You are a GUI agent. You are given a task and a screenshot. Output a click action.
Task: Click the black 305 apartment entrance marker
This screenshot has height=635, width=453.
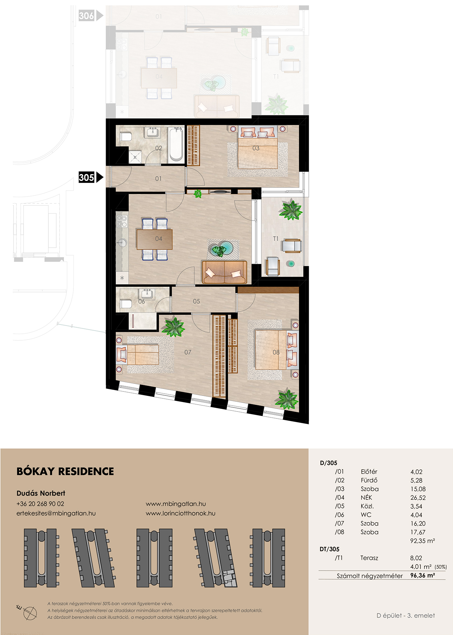point(91,177)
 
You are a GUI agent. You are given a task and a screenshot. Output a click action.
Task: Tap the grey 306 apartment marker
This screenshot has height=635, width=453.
point(91,16)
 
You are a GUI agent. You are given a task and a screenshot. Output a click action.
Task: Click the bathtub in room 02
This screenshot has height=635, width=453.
point(176,144)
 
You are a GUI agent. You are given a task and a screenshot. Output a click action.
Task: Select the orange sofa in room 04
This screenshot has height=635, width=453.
point(224,272)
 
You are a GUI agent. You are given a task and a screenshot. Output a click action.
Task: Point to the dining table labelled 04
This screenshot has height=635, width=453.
point(155,239)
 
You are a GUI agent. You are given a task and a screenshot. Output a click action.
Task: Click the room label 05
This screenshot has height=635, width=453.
point(197,301)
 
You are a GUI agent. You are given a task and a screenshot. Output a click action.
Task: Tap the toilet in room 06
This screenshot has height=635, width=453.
point(126,304)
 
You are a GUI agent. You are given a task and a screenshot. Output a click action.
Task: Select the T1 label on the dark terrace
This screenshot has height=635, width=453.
point(276,238)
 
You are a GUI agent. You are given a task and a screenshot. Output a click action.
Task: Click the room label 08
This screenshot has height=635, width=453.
point(276,352)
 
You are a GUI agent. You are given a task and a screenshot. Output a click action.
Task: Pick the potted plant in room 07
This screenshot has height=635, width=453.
point(173,326)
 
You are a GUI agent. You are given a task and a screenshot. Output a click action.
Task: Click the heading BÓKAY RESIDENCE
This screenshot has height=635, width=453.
point(65,471)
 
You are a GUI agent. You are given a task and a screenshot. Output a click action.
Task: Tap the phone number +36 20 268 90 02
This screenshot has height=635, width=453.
point(40,504)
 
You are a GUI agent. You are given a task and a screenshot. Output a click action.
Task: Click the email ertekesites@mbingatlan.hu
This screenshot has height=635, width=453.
point(56,513)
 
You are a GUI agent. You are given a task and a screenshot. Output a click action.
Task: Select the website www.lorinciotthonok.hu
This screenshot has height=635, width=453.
point(180,513)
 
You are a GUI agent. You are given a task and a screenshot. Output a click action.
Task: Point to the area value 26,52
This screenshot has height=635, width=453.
point(418,498)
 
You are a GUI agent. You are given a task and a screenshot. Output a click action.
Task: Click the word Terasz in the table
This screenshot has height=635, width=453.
point(369,558)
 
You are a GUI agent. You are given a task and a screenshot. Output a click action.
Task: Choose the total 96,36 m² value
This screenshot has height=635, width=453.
point(423,575)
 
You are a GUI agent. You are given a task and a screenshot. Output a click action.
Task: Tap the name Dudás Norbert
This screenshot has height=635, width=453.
point(41,493)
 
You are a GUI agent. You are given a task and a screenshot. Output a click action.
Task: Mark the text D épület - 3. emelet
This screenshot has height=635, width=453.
point(406,616)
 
